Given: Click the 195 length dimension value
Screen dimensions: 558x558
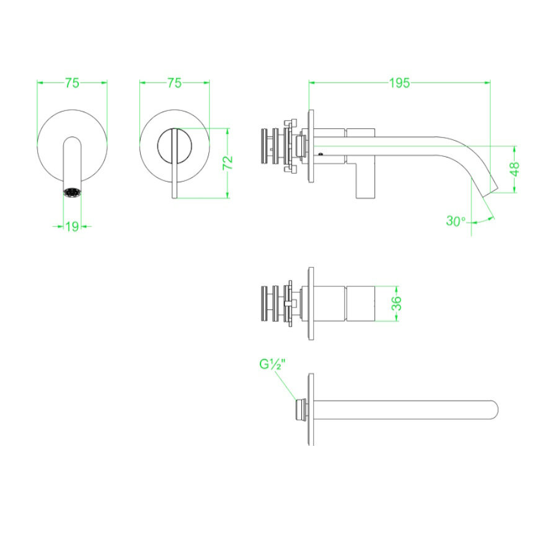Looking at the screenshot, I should [x=399, y=83].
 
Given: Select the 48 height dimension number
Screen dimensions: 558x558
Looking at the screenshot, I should [x=515, y=170].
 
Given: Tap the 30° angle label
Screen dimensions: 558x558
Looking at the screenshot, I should [x=456, y=221].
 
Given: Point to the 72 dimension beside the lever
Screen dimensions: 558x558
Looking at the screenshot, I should [x=228, y=163].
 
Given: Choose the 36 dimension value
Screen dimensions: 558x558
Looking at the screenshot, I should [x=397, y=303].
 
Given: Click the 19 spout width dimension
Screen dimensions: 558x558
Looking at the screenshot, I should [x=73, y=227].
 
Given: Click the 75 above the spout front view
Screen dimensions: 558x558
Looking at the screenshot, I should [x=73, y=83].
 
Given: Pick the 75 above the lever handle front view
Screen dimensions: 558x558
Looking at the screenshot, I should [x=174, y=83].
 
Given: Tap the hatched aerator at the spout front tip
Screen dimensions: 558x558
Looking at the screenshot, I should [x=73, y=192].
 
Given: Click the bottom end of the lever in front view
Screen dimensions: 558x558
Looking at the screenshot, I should [x=175, y=195].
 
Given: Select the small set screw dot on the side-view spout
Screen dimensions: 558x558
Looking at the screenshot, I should [x=321, y=153].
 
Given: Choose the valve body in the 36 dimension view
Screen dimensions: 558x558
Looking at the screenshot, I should [x=347, y=303].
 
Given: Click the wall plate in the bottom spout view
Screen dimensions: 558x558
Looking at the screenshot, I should [x=311, y=409].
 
